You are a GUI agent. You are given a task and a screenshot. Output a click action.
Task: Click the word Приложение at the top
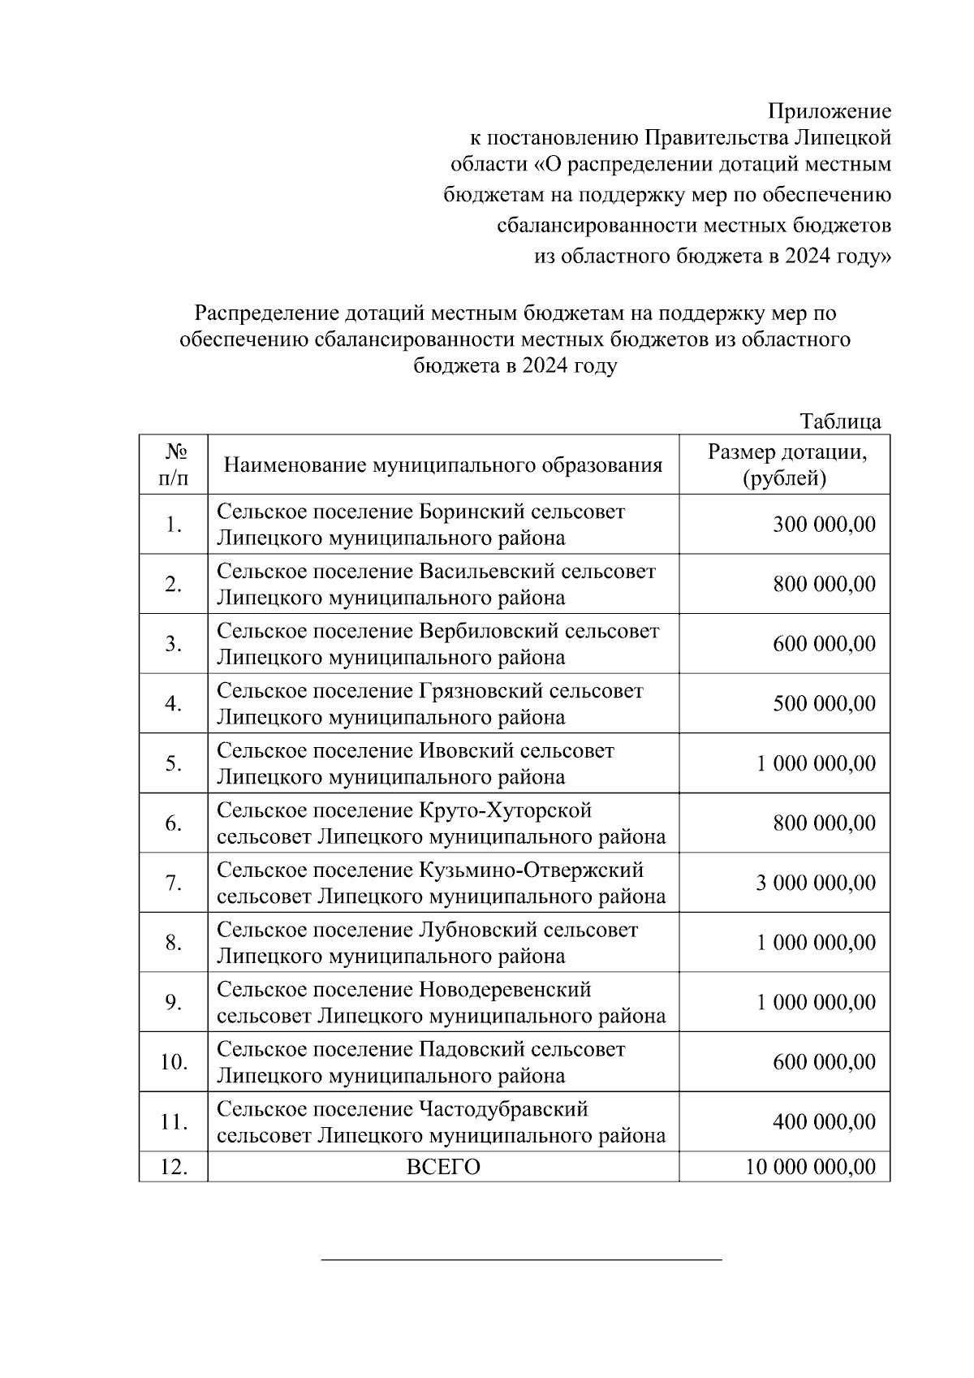click(830, 111)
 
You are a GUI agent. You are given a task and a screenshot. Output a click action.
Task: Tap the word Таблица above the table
click(840, 421)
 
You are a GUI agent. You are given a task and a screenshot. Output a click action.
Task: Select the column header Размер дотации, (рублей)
click(785, 465)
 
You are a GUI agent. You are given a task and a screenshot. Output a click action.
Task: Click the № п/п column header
click(173, 465)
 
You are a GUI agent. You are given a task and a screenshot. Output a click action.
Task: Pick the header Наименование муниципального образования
click(442, 465)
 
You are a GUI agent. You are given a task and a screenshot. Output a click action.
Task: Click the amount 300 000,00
click(824, 525)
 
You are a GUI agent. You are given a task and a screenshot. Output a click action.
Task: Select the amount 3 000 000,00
click(816, 883)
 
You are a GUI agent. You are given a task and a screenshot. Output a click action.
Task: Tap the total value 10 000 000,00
click(810, 1167)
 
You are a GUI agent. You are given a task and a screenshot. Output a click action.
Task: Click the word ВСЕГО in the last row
click(442, 1167)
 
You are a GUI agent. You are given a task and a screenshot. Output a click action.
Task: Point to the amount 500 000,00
click(824, 703)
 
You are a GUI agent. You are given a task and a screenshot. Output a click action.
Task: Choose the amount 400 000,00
click(824, 1122)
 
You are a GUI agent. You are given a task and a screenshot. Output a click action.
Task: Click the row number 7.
click(173, 883)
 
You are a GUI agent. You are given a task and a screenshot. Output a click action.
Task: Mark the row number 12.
click(173, 1167)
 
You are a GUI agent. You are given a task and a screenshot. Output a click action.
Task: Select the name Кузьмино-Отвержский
click(531, 870)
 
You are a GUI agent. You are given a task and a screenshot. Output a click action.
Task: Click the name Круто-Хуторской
click(505, 810)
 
